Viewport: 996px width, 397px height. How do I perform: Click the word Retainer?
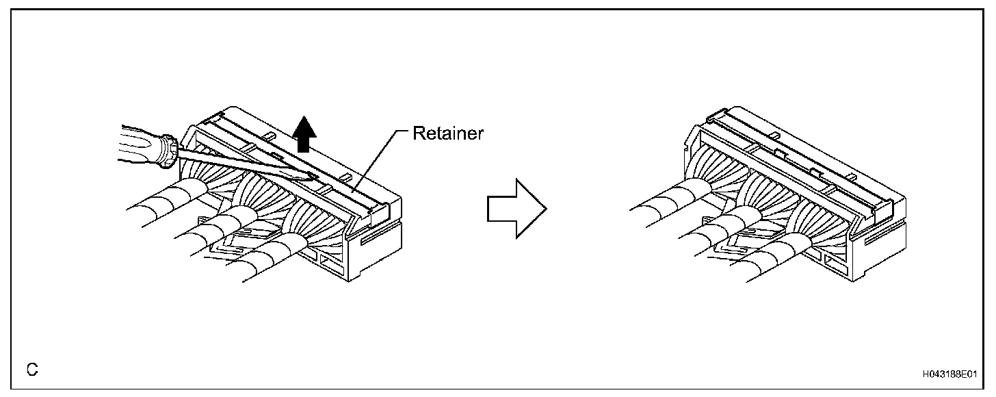click(x=448, y=133)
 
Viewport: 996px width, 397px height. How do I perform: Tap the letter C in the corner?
click(x=31, y=370)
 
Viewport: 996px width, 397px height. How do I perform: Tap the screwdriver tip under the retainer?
click(x=311, y=179)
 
